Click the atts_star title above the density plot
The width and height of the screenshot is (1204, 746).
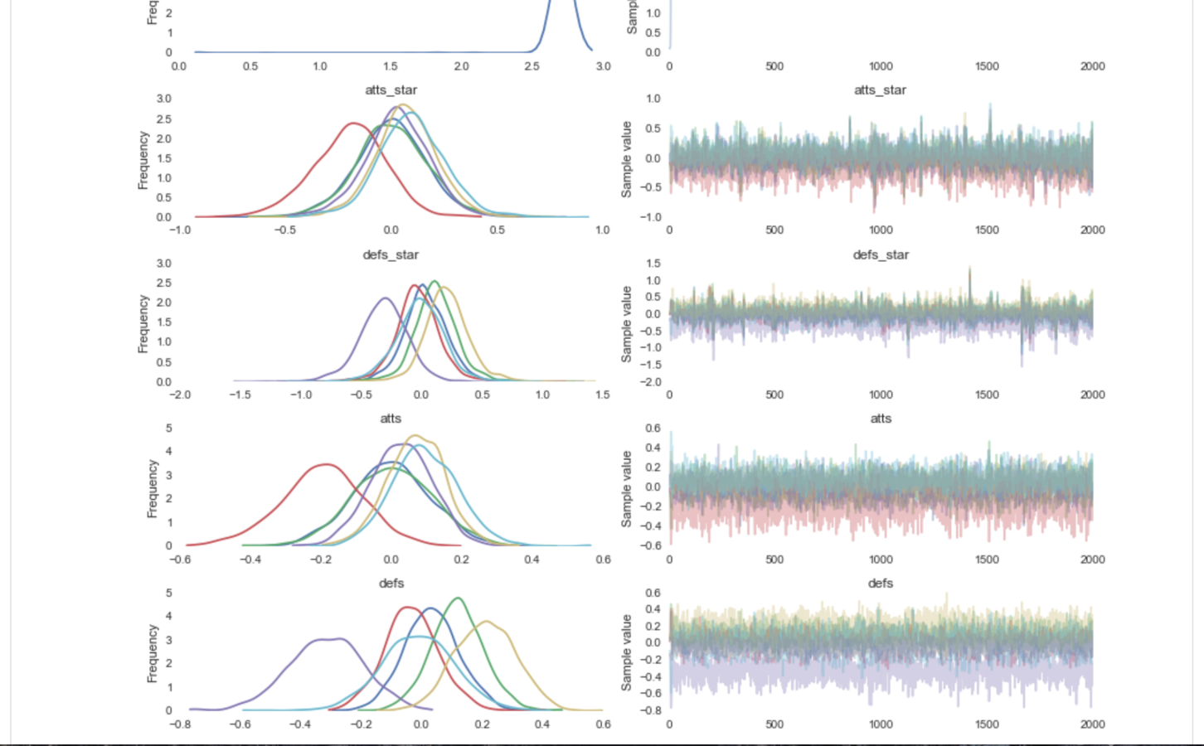[391, 90]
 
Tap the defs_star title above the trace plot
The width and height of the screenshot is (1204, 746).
[881, 254]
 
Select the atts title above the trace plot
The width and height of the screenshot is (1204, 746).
[881, 419]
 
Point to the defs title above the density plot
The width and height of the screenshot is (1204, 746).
[391, 584]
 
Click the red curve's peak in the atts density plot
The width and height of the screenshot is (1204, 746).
[327, 465]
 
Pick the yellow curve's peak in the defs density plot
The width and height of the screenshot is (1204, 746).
[485, 622]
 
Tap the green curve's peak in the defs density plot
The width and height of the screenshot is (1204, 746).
[458, 598]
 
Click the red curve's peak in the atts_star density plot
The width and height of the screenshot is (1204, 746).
[354, 124]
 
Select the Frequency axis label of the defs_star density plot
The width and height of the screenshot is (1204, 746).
[143, 323]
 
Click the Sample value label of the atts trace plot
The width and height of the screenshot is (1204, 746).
[626, 489]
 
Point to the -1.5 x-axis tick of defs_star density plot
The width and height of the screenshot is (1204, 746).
[240, 395]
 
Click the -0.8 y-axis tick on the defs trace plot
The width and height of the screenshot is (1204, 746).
[653, 710]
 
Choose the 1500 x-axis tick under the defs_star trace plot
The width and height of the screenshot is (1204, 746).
[987, 395]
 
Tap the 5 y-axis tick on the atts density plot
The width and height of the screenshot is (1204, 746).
[169, 429]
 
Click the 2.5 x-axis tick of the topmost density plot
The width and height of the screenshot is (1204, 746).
[532, 66]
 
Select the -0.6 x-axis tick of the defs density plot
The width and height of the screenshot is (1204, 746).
[240, 724]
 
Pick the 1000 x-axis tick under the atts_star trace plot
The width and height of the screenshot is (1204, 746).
[881, 230]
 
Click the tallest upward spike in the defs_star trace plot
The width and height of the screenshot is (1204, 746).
[970, 269]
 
